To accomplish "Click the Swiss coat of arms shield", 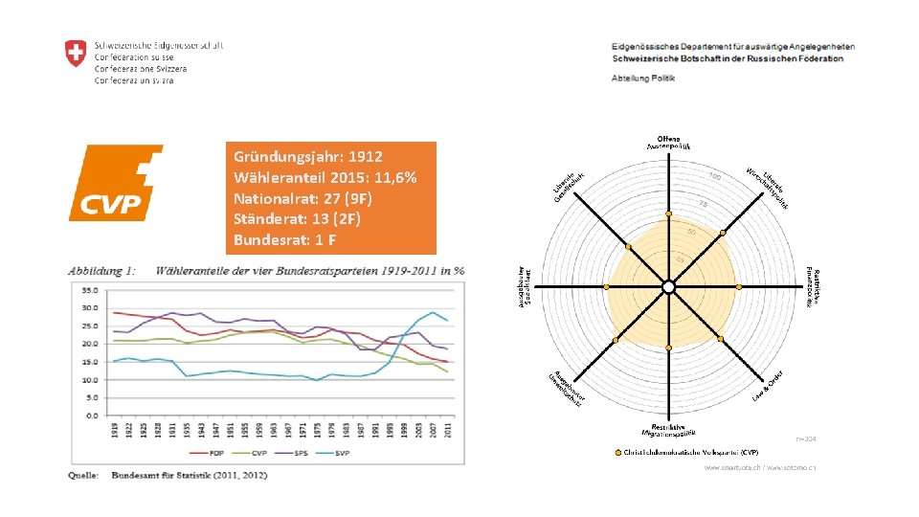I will pyautogui.click(x=75, y=54).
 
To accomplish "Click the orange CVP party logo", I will pyautogui.click(x=116, y=183).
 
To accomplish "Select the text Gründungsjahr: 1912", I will pyautogui.click(x=307, y=156).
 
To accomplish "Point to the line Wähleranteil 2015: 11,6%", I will pyautogui.click(x=325, y=177).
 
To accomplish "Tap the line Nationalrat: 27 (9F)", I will pyautogui.click(x=303, y=197).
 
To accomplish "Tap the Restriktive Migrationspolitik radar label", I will pyautogui.click(x=668, y=431).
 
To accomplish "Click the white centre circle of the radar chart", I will pyautogui.click(x=668, y=287).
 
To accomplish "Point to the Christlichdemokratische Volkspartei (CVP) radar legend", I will pyautogui.click(x=690, y=452).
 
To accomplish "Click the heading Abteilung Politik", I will pyautogui.click(x=643, y=78).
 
